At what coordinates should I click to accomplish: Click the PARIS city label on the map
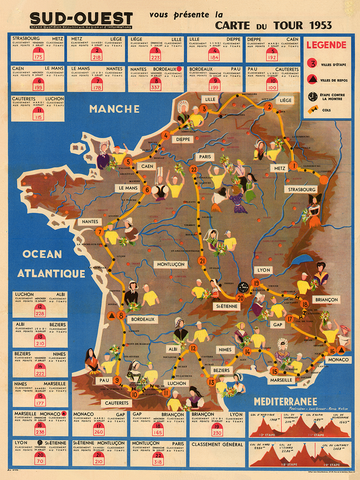206,157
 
